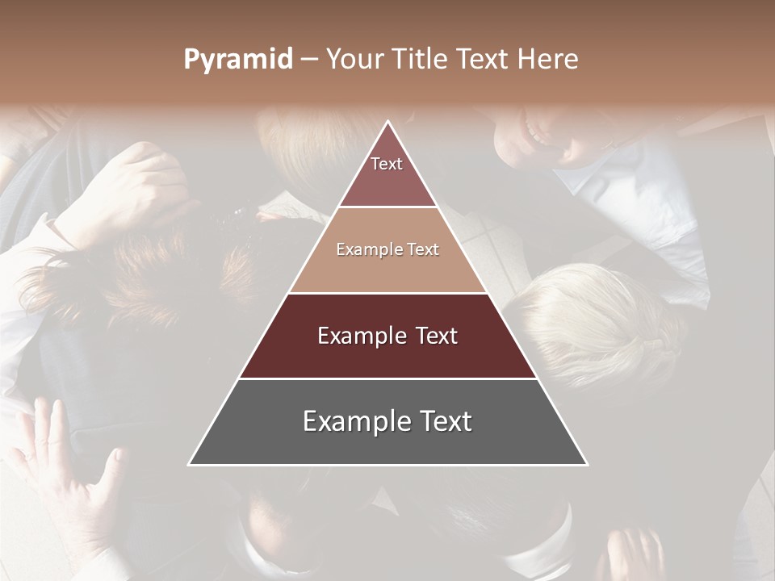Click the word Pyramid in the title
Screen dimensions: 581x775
(x=238, y=60)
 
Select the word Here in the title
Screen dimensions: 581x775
(x=550, y=60)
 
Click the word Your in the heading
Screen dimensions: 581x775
(x=356, y=60)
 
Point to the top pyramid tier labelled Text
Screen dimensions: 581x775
(x=387, y=173)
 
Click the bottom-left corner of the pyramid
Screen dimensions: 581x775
(x=190, y=465)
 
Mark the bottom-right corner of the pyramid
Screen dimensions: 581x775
(x=587, y=465)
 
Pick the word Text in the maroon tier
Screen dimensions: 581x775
(x=436, y=336)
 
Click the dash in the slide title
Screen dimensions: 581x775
(x=309, y=60)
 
